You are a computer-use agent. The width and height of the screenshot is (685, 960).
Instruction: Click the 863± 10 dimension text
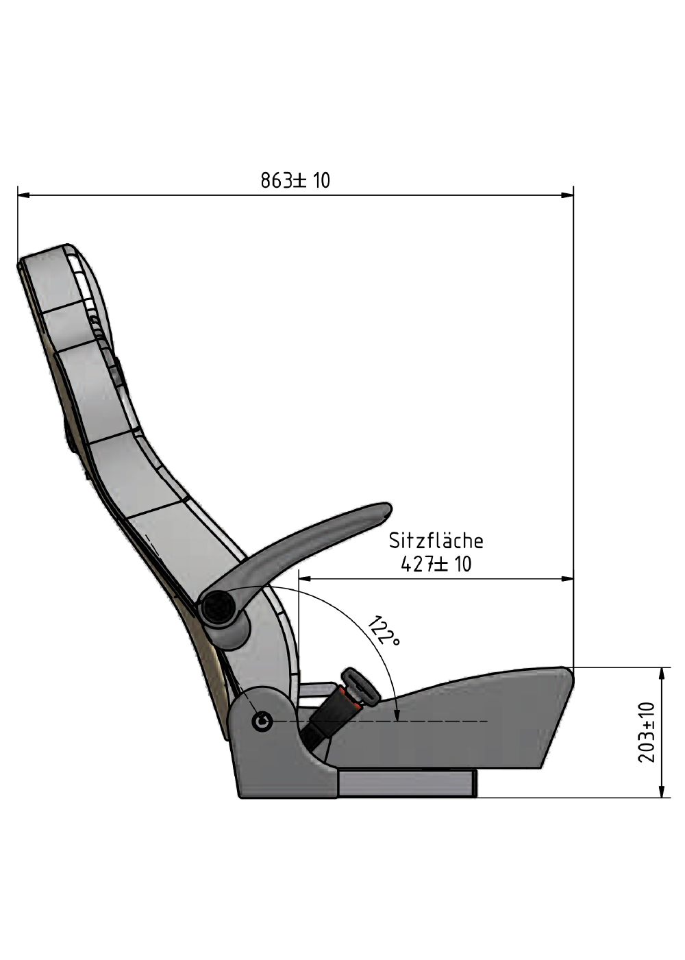pyautogui.click(x=295, y=180)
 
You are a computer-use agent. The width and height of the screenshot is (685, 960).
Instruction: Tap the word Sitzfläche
pyautogui.click(x=436, y=541)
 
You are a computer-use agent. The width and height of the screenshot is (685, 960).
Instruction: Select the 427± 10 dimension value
pyautogui.click(x=436, y=564)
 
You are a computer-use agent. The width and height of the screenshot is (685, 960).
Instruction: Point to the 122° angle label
pyautogui.click(x=384, y=631)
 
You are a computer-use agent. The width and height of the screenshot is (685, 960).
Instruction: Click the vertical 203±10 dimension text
pyautogui.click(x=647, y=732)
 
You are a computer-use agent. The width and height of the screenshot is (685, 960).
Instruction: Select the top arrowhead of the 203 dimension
pyautogui.click(x=661, y=672)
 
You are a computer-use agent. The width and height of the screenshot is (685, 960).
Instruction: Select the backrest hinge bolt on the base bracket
pyautogui.click(x=262, y=720)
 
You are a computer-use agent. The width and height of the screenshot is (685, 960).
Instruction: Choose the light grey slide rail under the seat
pyautogui.click(x=407, y=783)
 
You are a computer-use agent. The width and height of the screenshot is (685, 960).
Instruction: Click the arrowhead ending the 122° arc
pyautogui.click(x=397, y=715)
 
